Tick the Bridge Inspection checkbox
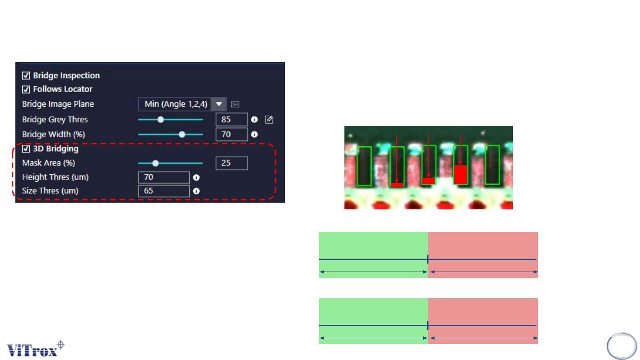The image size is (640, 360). coord(26,76)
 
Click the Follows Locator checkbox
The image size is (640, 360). coord(26,89)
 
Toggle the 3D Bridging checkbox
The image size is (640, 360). coord(26,149)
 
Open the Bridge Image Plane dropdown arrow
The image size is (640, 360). coord(219,104)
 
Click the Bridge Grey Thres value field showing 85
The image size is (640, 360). coord(232,120)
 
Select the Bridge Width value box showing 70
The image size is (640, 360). coord(232,134)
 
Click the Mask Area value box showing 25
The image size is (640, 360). coord(232,163)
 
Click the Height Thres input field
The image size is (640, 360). coord(164,177)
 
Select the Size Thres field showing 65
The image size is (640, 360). coord(164,192)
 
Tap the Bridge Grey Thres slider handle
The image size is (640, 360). coord(161,120)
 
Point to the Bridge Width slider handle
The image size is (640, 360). coord(182,134)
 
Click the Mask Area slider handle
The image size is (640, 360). coord(156,163)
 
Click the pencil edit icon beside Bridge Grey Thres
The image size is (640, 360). coord(269,119)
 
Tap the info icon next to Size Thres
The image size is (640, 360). coord(196,192)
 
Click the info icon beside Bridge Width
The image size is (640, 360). coord(255,134)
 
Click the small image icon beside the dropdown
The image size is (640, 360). coord(236,104)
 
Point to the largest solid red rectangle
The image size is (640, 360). coord(460,174)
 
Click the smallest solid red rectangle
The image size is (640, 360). coord(397,184)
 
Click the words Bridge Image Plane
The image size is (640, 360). coord(58,104)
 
